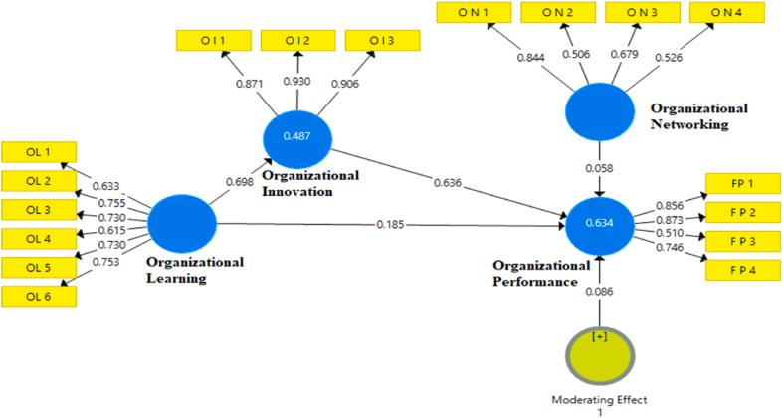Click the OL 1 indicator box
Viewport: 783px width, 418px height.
pos(38,152)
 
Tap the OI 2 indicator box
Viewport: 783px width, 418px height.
pos(296,40)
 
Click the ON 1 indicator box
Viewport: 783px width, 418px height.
pos(470,12)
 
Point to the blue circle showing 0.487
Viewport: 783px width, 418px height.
pos(294,136)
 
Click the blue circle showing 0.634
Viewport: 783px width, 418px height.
pos(599,223)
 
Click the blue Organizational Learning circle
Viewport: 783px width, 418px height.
pos(182,223)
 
